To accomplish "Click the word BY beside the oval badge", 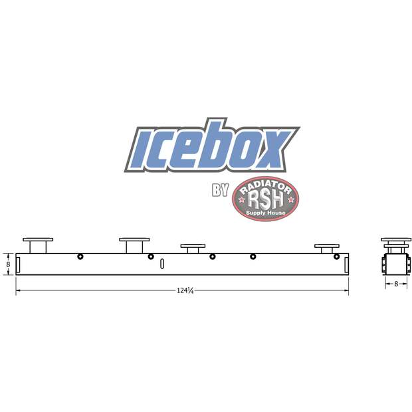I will click(x=220, y=191).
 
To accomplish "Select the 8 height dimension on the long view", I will click(x=7, y=263).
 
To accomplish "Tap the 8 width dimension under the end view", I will click(x=396, y=284).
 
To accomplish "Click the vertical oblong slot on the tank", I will click(x=161, y=264).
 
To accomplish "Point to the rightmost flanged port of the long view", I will click(x=326, y=248).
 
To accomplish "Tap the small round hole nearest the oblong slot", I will click(x=151, y=257).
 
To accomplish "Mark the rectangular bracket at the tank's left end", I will click(x=20, y=264).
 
